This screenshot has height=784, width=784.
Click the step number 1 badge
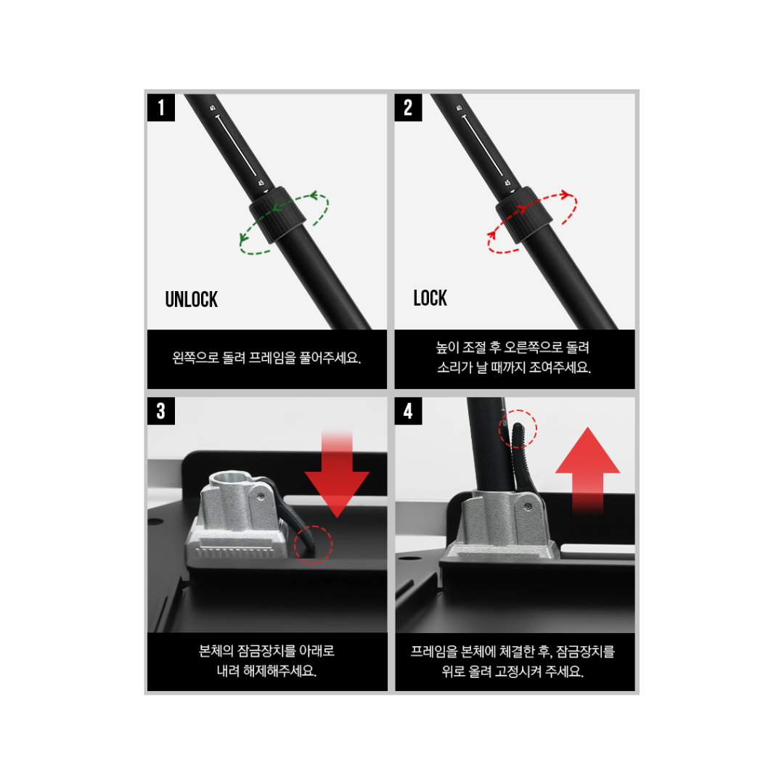tap(161, 107)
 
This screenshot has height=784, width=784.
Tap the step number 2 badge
tap(408, 107)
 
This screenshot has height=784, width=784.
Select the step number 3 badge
tap(161, 411)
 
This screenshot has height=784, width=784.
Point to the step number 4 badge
tap(408, 411)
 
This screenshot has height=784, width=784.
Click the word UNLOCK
tap(192, 300)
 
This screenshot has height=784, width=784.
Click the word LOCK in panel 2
tap(430, 298)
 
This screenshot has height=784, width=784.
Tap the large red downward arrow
tap(337, 473)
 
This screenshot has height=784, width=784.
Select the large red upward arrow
tap(587, 470)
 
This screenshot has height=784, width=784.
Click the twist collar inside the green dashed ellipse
tap(277, 215)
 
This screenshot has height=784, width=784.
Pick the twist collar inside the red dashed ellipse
tap(524, 215)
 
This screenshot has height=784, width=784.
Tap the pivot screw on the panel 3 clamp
tap(261, 496)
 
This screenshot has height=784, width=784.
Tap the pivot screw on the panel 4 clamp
tap(528, 507)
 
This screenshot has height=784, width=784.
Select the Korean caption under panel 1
tap(266, 358)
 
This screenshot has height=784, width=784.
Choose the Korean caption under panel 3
tap(266, 661)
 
